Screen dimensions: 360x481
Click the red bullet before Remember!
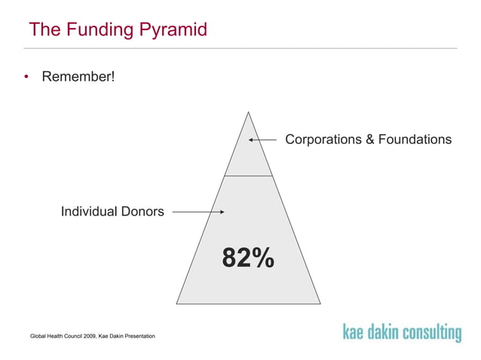click(x=26, y=77)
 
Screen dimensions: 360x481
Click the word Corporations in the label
click(x=322, y=139)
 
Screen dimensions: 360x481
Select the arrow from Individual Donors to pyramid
click(x=198, y=212)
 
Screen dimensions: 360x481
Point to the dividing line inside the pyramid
click(x=247, y=175)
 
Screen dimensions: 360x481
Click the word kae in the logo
click(x=356, y=331)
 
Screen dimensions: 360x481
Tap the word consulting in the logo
click(x=431, y=332)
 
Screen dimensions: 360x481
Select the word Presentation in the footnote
click(x=138, y=334)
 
